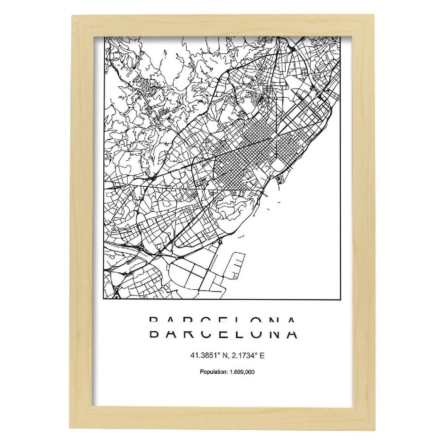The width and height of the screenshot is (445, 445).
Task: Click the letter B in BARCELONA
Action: point(153,333)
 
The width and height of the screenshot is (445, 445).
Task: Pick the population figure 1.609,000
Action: point(239,372)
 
